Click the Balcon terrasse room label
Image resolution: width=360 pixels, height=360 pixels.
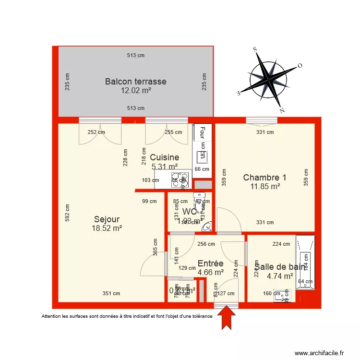[x=135, y=81]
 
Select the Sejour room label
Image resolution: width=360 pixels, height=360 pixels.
[x=107, y=220]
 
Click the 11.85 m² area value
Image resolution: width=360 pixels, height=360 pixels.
[x=264, y=186]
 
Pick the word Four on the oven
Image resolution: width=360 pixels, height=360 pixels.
[x=202, y=132]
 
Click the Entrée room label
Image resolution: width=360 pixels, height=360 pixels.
[x=210, y=264]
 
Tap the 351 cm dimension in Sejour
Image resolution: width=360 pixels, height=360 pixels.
[x=111, y=293]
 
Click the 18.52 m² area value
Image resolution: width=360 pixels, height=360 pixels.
[x=107, y=229]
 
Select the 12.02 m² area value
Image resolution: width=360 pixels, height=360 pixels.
[x=135, y=90]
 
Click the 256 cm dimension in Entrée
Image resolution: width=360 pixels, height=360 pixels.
[x=206, y=244]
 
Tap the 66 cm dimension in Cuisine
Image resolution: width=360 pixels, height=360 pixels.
[x=202, y=169]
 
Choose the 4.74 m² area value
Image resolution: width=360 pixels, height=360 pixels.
[x=280, y=276]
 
